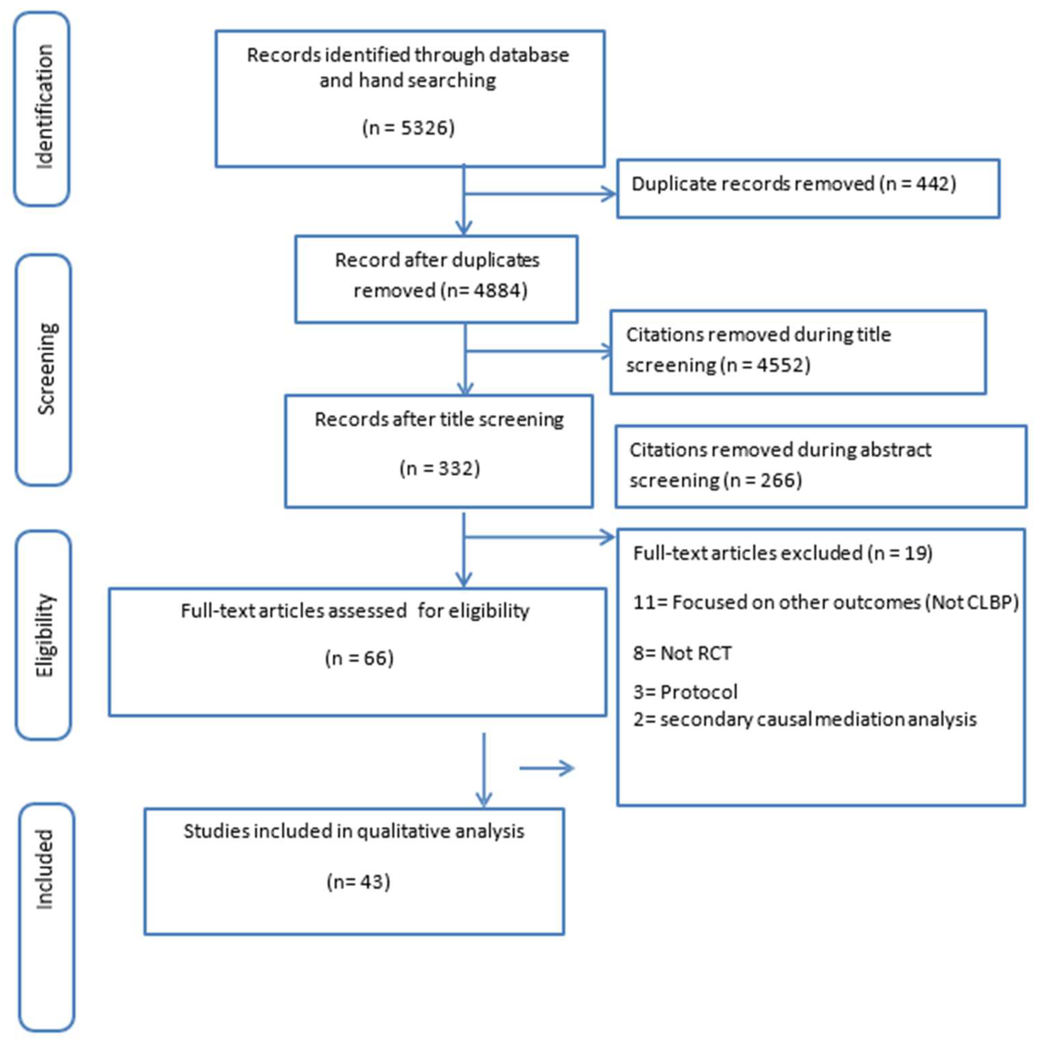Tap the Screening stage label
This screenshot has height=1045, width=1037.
[45, 369]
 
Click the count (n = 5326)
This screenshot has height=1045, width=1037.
[408, 128]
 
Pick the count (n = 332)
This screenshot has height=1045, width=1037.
[439, 468]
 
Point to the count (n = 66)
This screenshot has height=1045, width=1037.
[359, 658]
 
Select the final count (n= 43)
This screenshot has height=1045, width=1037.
[358, 882]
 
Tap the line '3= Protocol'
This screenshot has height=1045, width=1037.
[685, 692]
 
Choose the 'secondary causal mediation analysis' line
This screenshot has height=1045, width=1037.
[817, 719]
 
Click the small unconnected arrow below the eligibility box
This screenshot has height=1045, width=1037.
[546, 768]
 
